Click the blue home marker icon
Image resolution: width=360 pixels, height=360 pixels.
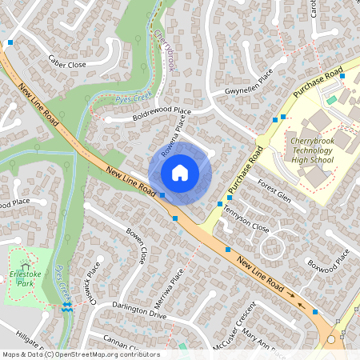pos(180,173)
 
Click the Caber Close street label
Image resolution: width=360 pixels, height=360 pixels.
pos(66,62)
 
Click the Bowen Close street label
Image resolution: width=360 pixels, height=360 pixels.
pos(136,245)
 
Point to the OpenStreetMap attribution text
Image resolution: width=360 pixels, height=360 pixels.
pos(81,354)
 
